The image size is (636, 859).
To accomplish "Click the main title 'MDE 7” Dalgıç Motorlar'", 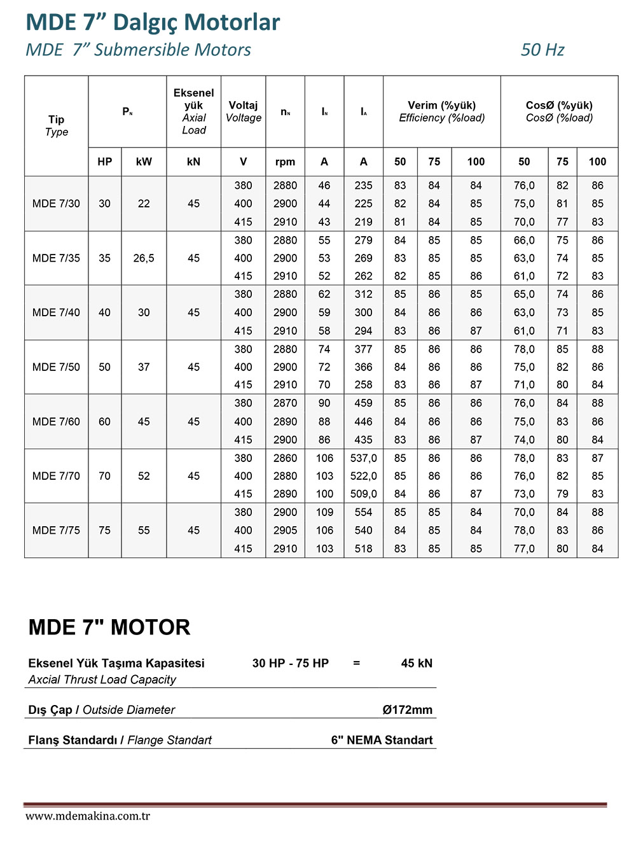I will pyautogui.click(x=153, y=22).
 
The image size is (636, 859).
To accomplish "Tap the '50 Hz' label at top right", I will pyautogui.click(x=542, y=50).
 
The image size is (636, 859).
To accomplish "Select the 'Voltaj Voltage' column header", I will pyautogui.click(x=243, y=111).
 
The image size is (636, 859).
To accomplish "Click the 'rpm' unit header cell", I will pyautogui.click(x=285, y=162).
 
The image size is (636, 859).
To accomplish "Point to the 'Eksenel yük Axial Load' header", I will pyautogui.click(x=193, y=111).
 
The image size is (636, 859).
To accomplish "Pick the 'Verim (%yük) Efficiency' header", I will pyautogui.click(x=441, y=111).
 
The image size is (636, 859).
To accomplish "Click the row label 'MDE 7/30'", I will pyautogui.click(x=56, y=204).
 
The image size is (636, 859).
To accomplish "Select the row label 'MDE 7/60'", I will pyautogui.click(x=56, y=422).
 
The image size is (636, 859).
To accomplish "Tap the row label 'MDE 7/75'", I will pyautogui.click(x=56, y=531).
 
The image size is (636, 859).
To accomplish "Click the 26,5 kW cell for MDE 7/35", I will pyautogui.click(x=144, y=258).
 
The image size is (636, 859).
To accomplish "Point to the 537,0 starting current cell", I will pyautogui.click(x=363, y=458).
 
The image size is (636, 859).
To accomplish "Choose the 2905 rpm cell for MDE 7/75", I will pyautogui.click(x=285, y=531).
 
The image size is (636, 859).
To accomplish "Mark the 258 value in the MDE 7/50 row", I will pyautogui.click(x=363, y=385).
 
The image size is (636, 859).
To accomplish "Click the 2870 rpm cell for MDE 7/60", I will pyautogui.click(x=285, y=403).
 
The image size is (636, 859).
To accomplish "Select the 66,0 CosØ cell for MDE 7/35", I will pyautogui.click(x=524, y=241).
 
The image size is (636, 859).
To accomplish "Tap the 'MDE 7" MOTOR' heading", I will pyautogui.click(x=109, y=627).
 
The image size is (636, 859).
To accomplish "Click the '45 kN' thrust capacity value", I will pyautogui.click(x=417, y=663).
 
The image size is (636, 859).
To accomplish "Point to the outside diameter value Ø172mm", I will pyautogui.click(x=407, y=709).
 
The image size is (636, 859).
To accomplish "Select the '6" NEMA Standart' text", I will pyautogui.click(x=382, y=740).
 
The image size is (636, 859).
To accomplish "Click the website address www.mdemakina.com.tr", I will pyautogui.click(x=88, y=816).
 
